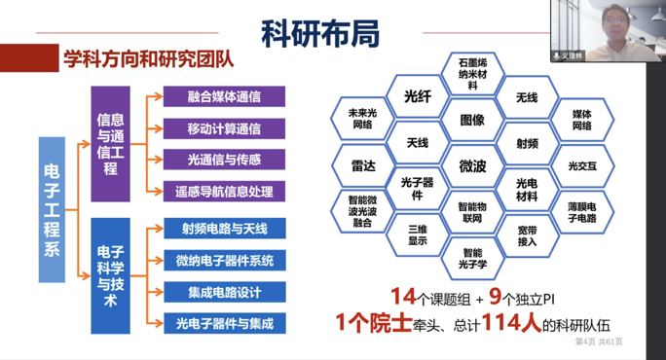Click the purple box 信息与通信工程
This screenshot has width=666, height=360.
point(110,143)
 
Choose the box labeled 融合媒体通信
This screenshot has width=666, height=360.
point(224,96)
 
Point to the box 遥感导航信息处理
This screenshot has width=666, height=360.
point(224,191)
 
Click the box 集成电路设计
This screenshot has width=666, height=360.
point(224,291)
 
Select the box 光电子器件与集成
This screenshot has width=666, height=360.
point(224,322)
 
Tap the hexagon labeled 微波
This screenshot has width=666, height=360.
point(472,166)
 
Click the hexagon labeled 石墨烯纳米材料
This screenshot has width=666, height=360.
point(472,73)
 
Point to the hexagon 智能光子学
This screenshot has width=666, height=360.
point(472,259)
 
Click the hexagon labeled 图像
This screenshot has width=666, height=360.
point(472,120)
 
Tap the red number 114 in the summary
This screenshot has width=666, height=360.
point(484,322)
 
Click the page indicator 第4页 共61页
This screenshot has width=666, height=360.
point(598,342)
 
